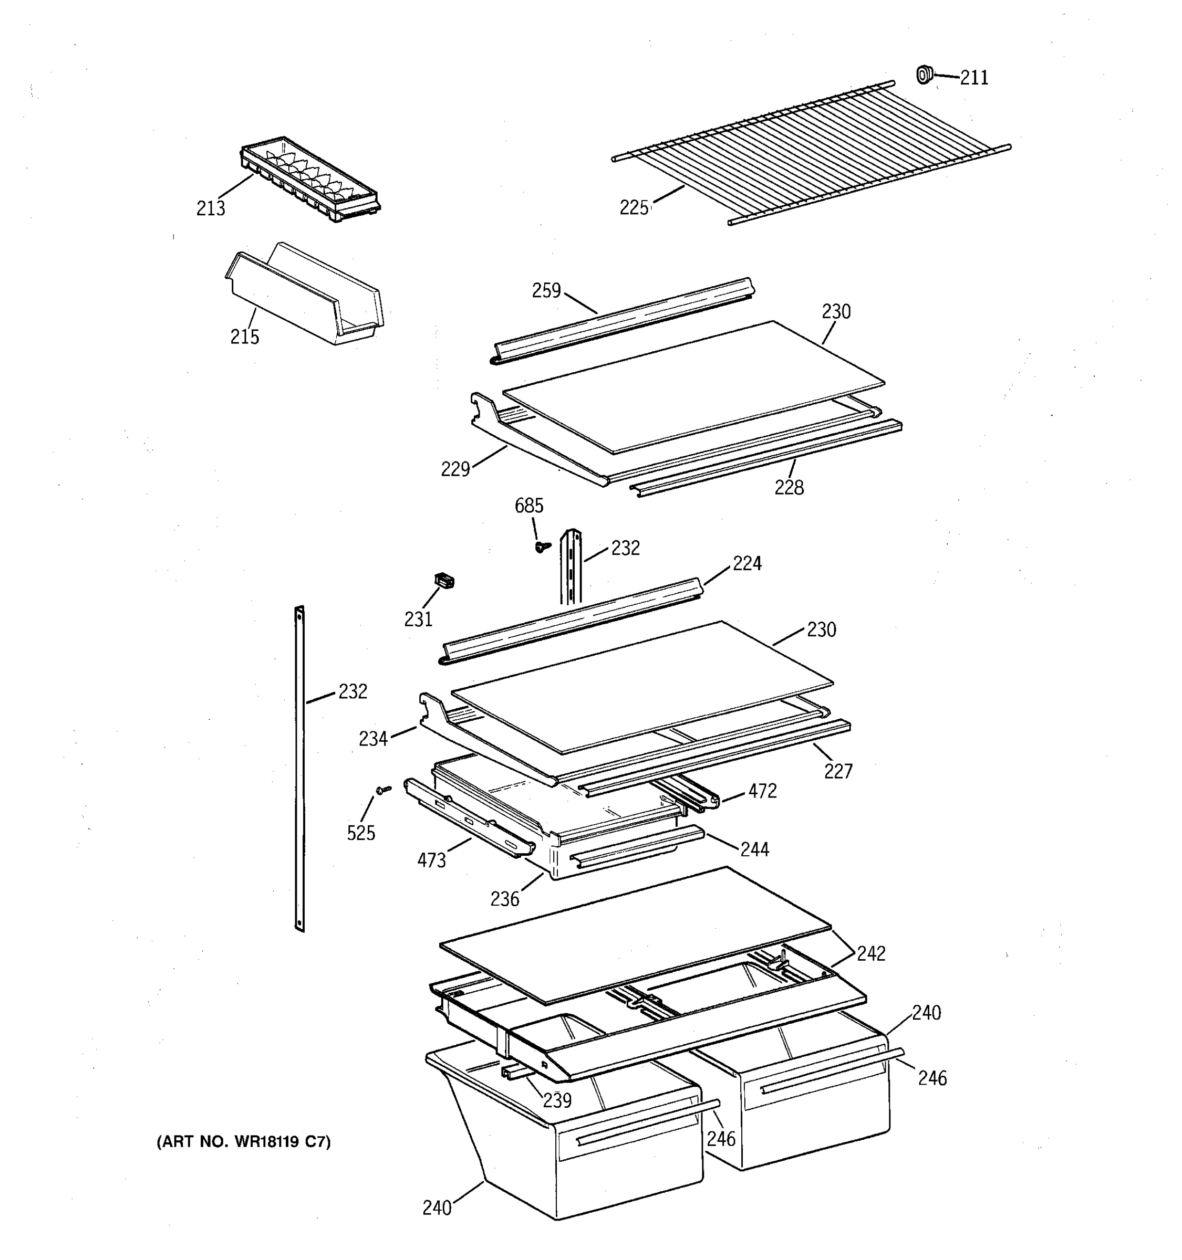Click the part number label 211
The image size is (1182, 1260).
click(973, 78)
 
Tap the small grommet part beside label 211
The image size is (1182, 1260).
click(925, 74)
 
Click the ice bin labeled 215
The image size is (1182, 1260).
click(304, 295)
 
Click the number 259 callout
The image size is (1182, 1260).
click(546, 291)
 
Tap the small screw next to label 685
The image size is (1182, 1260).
click(542, 547)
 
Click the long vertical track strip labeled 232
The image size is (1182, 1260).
click(300, 767)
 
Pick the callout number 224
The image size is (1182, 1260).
click(746, 563)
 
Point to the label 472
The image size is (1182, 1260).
click(762, 791)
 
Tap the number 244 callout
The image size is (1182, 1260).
click(754, 849)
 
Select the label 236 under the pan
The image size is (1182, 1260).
click(504, 899)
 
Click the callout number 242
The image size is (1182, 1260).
click(870, 953)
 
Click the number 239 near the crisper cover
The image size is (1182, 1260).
click(557, 1100)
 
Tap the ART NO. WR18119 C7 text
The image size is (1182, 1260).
click(244, 1142)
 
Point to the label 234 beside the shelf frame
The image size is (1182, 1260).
click(373, 738)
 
